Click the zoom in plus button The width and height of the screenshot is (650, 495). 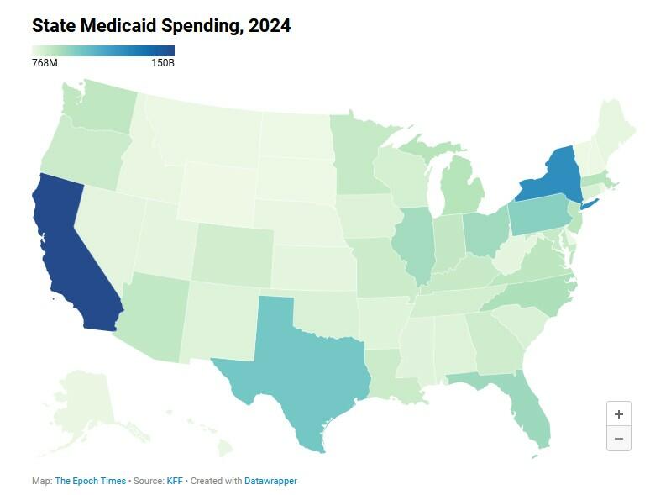point(619,413)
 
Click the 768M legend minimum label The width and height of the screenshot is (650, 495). point(45,63)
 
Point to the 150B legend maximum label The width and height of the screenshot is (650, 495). point(161,63)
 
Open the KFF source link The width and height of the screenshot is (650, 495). point(175,482)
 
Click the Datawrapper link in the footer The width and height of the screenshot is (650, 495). point(270,482)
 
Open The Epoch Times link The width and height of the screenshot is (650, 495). point(91,482)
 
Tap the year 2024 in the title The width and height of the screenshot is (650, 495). point(270,26)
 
